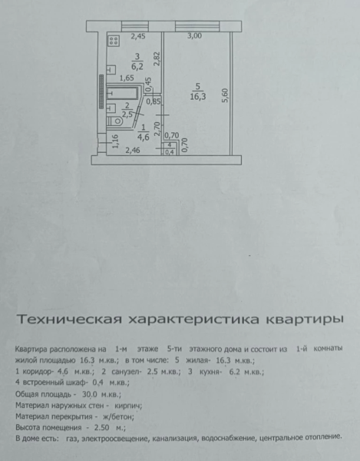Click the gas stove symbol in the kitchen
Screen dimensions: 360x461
[x=114, y=41]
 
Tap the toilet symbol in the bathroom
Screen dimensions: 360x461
[x=115, y=121]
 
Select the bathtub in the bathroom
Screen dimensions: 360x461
[x=122, y=93]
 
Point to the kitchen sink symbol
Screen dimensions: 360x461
[x=111, y=70]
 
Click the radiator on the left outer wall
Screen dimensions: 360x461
[x=101, y=91]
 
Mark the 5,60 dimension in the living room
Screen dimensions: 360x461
[x=226, y=95]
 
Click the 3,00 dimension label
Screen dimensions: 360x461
[x=195, y=36]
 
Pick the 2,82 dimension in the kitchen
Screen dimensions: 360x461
[x=157, y=58]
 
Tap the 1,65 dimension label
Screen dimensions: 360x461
[x=127, y=78]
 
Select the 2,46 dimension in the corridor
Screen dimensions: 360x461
[x=133, y=151]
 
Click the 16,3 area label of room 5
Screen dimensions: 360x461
[x=197, y=97]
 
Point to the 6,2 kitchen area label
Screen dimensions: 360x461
[x=137, y=66]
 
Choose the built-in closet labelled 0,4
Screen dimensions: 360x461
[x=170, y=148]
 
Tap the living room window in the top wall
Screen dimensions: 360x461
[x=197, y=26]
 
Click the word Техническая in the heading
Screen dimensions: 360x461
[x=69, y=320]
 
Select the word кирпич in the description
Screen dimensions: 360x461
[x=128, y=406]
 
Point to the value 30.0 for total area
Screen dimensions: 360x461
[x=90, y=394]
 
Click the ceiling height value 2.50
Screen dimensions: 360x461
[x=101, y=428]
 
